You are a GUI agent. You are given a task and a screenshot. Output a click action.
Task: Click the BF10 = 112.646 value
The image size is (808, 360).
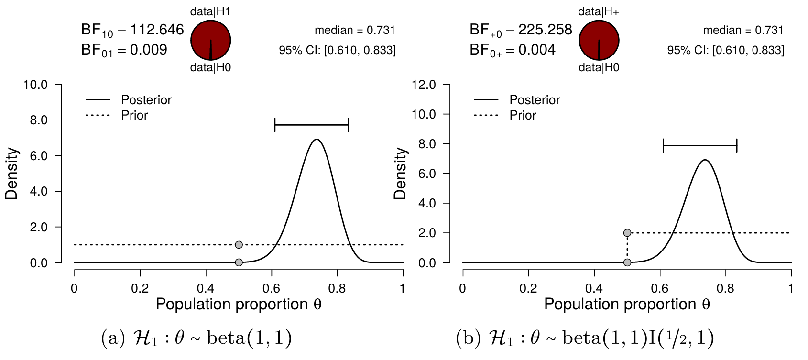point(132,30)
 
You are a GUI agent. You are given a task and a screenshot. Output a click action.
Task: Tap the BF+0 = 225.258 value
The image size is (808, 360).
point(521,30)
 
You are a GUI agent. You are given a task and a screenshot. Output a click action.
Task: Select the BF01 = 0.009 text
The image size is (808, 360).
point(124,50)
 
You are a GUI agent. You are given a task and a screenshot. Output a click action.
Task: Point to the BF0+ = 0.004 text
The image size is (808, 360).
point(513,50)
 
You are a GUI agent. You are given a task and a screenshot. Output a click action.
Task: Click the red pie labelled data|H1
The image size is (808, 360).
point(210,40)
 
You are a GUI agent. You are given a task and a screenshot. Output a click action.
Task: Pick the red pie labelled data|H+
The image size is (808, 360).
point(599,40)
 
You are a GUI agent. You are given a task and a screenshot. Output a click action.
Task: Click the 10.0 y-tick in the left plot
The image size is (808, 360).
point(35,85)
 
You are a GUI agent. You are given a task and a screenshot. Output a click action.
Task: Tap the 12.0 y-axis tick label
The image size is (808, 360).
point(424,85)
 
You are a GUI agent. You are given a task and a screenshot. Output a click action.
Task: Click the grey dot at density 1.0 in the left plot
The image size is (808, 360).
point(239,245)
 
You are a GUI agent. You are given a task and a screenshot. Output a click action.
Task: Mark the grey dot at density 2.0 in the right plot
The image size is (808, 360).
point(627,233)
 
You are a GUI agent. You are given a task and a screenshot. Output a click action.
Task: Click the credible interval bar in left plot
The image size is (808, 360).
point(312,125)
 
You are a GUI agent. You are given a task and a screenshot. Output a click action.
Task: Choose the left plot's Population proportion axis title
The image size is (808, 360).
point(239,304)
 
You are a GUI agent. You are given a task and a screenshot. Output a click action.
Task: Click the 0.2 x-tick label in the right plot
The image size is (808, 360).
point(528,288)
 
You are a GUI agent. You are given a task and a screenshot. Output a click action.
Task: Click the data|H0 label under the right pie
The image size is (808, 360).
point(599,68)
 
